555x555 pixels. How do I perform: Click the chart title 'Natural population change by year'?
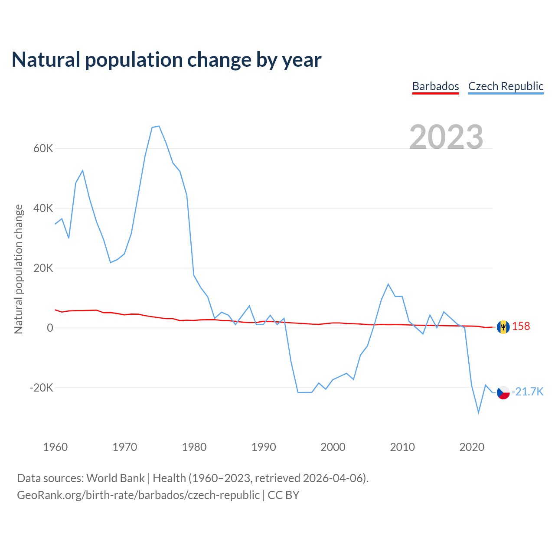tap(166, 60)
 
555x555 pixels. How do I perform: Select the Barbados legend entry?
tap(435, 86)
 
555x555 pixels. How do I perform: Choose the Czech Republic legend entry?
tap(506, 86)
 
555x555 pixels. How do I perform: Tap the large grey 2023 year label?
tap(446, 137)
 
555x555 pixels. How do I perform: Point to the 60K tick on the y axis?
tap(43, 149)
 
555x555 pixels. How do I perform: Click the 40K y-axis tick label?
tap(43, 209)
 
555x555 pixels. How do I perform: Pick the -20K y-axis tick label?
tap(41, 388)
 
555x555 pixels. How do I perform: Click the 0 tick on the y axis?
tap(50, 328)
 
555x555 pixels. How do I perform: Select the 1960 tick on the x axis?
tap(55, 447)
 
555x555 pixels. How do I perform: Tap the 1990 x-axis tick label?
tap(264, 447)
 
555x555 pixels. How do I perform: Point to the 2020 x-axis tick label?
tap(472, 447)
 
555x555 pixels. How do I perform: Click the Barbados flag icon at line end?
tap(503, 327)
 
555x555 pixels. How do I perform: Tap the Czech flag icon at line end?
tap(503, 392)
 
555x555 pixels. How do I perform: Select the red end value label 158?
tap(521, 326)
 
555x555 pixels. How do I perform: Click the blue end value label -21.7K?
tap(528, 392)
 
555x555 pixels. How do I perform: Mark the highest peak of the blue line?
tap(159, 126)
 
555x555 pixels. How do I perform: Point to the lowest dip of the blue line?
tap(479, 412)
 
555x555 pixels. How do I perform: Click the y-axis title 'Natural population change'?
tap(19, 269)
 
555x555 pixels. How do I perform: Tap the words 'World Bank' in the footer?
tap(115, 478)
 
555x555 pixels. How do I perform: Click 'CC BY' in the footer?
tap(284, 495)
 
